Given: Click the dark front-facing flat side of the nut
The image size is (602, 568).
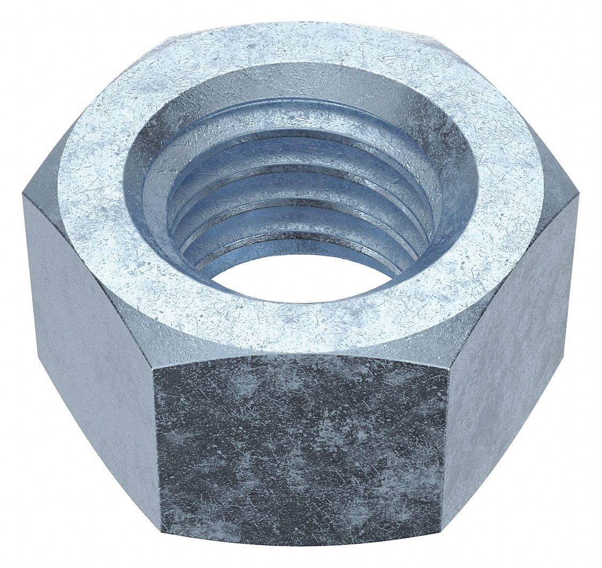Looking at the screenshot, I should click(300, 450).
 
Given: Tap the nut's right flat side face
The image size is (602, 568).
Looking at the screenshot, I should click(508, 332).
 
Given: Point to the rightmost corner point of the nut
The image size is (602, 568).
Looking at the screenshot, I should click(578, 197).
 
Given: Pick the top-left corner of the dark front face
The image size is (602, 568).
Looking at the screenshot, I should click(154, 368).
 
